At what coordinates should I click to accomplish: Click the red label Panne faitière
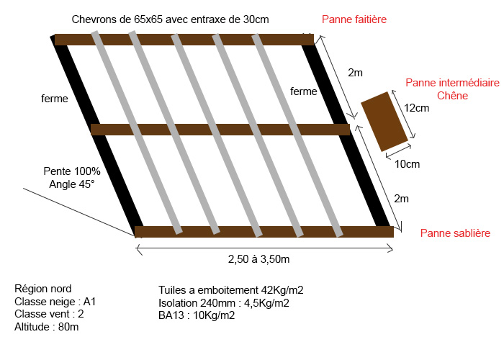354,19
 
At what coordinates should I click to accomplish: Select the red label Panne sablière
455,233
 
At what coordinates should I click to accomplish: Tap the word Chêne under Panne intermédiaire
452,96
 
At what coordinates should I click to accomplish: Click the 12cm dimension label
417,108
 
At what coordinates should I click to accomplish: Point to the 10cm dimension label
407,164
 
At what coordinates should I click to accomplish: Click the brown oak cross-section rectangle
384,122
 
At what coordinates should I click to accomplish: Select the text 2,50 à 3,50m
258,259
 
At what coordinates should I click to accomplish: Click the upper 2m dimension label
355,73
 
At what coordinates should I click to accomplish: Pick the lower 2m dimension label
401,199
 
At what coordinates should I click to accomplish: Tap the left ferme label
55,99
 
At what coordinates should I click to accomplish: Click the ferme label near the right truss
304,91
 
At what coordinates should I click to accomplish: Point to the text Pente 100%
72,171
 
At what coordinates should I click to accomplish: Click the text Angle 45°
72,184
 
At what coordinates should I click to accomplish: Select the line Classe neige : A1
55,302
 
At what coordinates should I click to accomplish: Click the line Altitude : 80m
47,327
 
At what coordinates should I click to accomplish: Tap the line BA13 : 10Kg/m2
197,315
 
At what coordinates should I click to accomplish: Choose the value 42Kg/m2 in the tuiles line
282,290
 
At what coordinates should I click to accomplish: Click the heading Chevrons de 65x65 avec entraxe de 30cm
171,19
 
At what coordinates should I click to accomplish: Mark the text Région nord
42,289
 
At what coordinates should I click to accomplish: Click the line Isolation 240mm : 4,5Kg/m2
224,303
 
